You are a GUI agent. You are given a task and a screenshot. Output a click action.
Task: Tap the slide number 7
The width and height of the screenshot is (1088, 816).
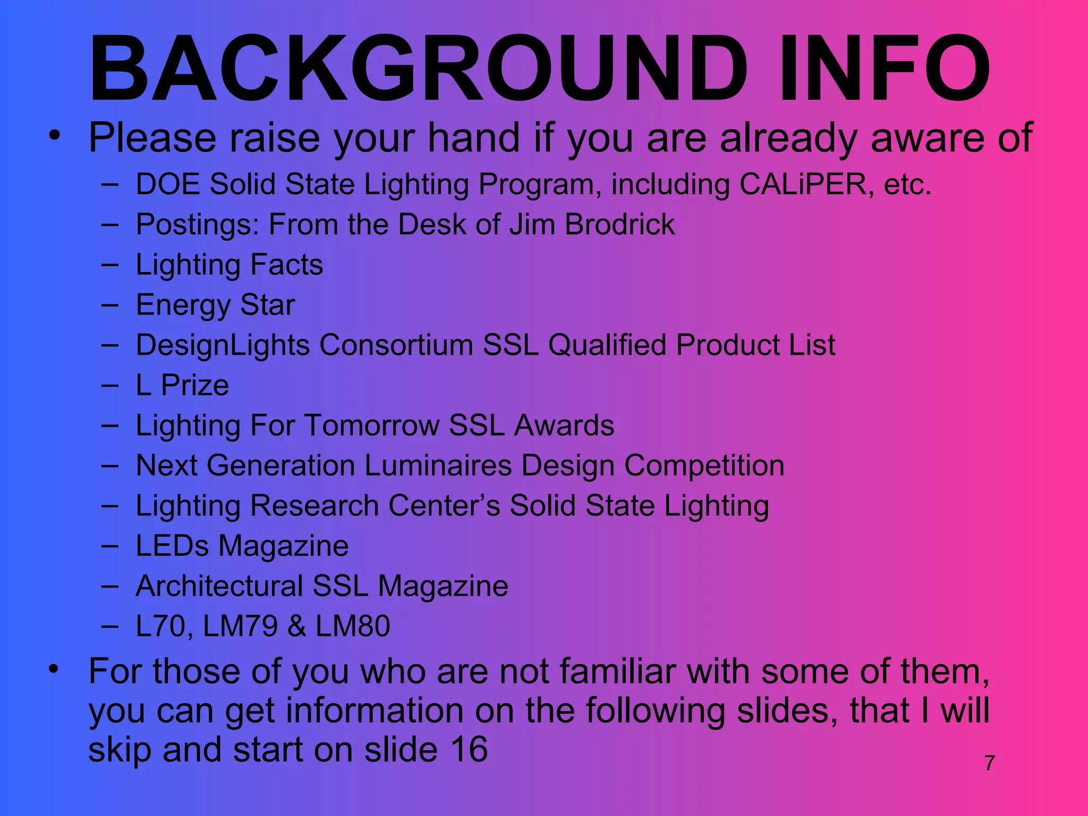point(990,763)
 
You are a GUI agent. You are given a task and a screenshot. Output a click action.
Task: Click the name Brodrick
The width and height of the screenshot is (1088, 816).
point(619,224)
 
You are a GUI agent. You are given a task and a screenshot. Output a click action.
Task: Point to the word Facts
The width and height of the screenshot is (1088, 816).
point(286,265)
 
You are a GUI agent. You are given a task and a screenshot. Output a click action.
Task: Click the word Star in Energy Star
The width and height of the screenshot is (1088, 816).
point(267,305)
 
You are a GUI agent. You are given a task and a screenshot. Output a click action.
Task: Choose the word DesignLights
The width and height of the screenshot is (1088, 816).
point(223,345)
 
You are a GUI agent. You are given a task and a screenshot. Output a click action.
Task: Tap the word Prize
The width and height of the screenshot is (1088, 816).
point(194,385)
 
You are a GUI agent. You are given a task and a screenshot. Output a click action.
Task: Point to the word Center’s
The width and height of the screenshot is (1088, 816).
point(444,506)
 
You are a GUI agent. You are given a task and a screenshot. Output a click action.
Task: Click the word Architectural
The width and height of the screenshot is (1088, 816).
point(219,586)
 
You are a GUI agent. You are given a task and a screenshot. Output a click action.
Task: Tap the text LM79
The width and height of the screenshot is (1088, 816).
point(240,626)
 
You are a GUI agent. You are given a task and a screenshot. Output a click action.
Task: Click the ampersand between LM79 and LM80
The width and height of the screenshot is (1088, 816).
point(296,626)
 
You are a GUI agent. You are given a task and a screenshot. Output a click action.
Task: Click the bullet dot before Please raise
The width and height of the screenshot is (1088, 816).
point(54,135)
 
